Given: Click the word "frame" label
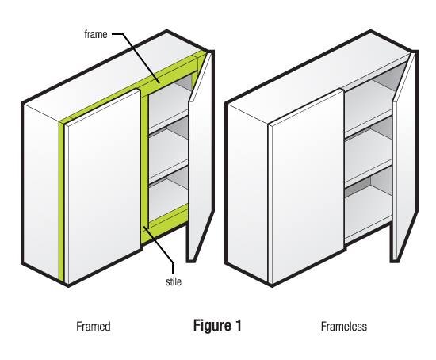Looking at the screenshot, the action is point(96,34).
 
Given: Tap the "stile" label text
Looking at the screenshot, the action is point(174,281).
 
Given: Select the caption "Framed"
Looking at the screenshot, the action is point(94,327).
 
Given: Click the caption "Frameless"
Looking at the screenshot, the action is point(344,327).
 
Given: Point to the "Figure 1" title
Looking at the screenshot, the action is point(217,325).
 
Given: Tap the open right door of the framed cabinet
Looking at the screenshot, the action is point(201,155).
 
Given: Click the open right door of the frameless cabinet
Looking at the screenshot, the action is point(404,155).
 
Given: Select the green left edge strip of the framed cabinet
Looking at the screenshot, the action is point(61,201).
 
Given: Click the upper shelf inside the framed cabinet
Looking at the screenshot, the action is point(169,121).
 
